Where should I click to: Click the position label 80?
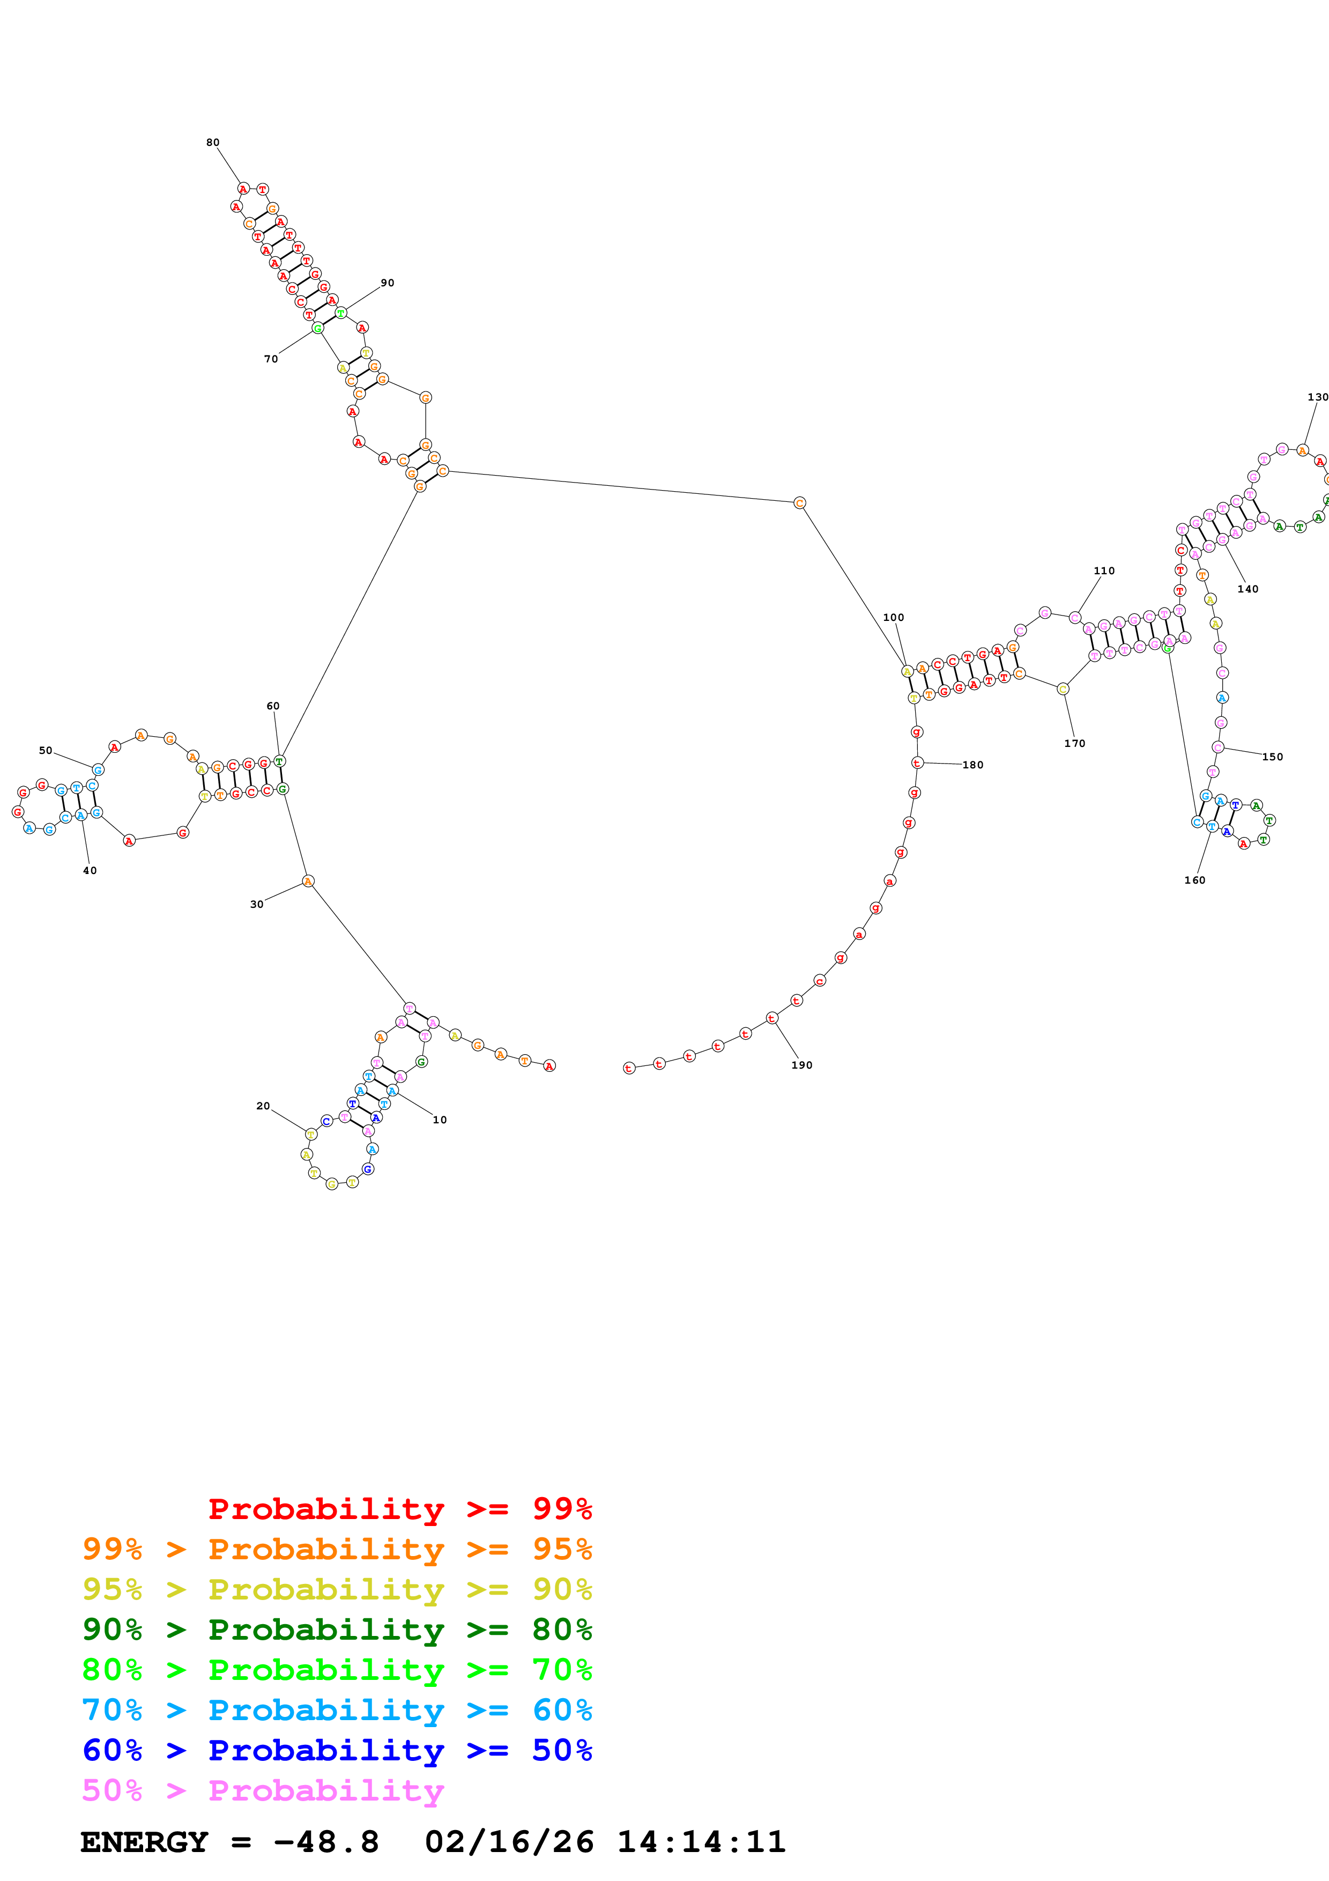(213, 143)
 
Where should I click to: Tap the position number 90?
(387, 283)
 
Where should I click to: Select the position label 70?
(271, 359)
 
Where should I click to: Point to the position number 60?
(273, 706)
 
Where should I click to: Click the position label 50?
(46, 751)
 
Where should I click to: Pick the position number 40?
(90, 871)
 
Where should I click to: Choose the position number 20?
(263, 1106)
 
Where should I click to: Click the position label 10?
(440, 1120)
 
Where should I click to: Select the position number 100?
(893, 618)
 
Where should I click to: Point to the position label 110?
(1104, 571)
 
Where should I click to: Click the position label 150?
(1273, 757)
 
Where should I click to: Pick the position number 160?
(1195, 880)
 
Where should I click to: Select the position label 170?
(1074, 744)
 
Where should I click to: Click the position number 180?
(973, 765)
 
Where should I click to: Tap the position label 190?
(801, 1065)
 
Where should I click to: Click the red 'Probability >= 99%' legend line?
(399, 1510)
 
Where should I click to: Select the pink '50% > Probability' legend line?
(263, 1791)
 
